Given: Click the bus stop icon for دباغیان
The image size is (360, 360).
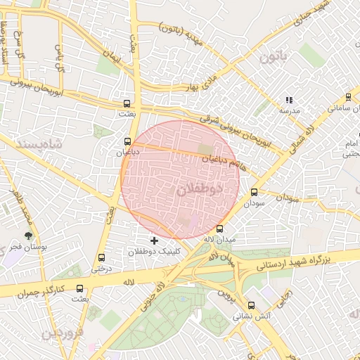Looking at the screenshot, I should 127,141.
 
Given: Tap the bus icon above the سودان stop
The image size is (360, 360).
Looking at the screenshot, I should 254,191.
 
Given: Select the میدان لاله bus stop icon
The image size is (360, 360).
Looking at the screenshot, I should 220,229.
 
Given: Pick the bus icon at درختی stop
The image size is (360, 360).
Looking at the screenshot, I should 102,257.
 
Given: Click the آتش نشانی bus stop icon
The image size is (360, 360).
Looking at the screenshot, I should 252,305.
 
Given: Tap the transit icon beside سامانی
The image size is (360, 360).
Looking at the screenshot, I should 349,98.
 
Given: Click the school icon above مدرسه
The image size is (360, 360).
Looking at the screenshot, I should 288,101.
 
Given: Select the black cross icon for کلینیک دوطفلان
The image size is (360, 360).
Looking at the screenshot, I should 155,240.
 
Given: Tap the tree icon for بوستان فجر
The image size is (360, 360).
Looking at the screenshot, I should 28,236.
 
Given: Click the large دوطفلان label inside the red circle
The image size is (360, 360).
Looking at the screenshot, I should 199,188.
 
